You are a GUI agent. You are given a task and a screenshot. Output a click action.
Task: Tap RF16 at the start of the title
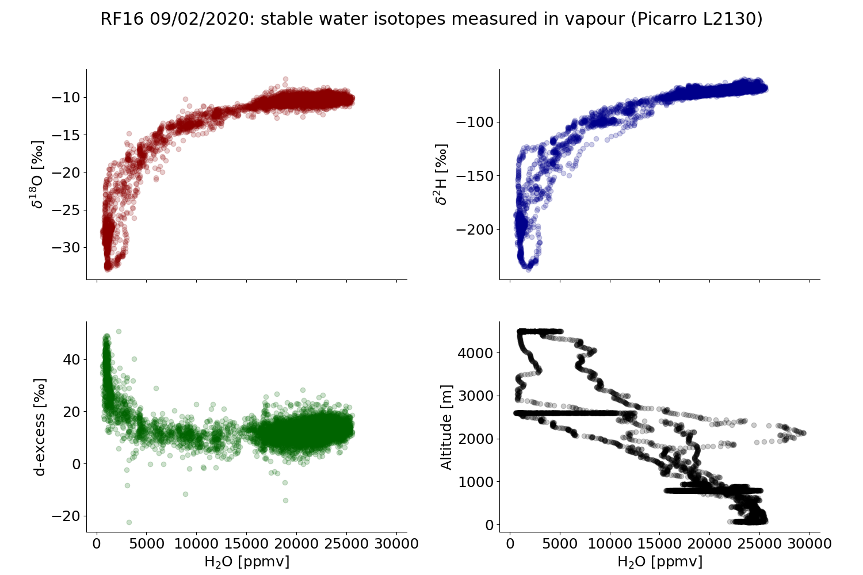123,19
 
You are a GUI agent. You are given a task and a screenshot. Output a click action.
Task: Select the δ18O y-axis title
39,174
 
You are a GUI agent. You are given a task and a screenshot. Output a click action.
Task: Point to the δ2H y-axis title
441,174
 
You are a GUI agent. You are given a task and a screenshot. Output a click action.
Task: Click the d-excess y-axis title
40,427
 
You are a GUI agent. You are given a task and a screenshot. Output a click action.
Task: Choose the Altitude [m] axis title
447,427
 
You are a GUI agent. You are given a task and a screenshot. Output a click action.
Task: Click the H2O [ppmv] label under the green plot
247,562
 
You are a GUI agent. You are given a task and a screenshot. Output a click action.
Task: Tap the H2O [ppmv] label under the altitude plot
660,562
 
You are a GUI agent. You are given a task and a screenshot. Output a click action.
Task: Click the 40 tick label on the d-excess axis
71,359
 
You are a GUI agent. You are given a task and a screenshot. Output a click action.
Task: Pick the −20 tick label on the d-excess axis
64,516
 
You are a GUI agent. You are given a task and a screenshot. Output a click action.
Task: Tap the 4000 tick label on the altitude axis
475,352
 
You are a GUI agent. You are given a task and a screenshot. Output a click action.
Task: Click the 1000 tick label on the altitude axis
475,482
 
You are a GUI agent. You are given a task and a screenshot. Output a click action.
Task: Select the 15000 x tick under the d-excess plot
246,543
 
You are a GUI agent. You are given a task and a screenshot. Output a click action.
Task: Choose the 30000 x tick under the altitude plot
809,543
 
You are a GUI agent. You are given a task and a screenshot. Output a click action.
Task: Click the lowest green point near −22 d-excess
129,522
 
